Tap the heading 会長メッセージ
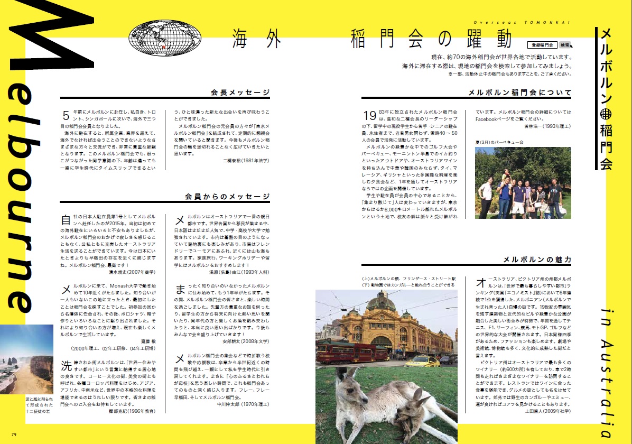pos(240,92)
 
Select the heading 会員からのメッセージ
pos(228,197)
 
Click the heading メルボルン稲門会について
pos(520,92)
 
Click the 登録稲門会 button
pos(542,45)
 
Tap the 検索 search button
pos(565,45)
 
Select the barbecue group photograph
pos(523,182)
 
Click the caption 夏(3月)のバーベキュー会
pos(499,142)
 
